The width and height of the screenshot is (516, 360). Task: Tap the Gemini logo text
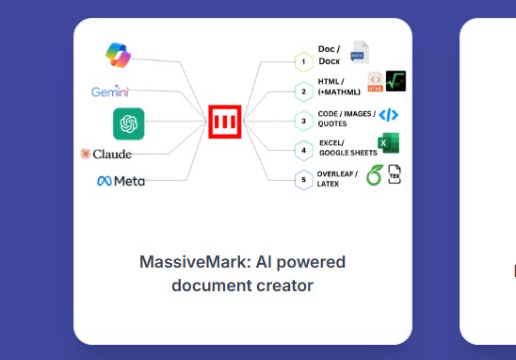point(110,91)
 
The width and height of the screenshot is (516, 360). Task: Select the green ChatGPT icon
point(128,123)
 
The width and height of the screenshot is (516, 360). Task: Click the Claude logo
point(105,154)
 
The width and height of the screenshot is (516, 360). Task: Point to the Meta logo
point(121,181)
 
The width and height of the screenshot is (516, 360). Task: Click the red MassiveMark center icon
point(224,122)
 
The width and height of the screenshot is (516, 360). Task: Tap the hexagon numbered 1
point(302,62)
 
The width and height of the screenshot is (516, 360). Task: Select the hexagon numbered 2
point(302,91)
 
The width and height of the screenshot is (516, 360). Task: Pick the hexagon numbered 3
point(302,121)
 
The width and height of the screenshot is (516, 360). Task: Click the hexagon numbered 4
point(302,150)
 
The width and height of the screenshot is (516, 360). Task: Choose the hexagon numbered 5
point(302,179)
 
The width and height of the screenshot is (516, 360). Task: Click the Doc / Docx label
point(331,55)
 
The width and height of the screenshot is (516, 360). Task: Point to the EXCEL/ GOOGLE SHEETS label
point(347,148)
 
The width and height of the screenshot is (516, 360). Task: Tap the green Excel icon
point(389,143)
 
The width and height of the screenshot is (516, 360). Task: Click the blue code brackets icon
point(388,115)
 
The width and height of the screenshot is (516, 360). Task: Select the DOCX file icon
point(361,52)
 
